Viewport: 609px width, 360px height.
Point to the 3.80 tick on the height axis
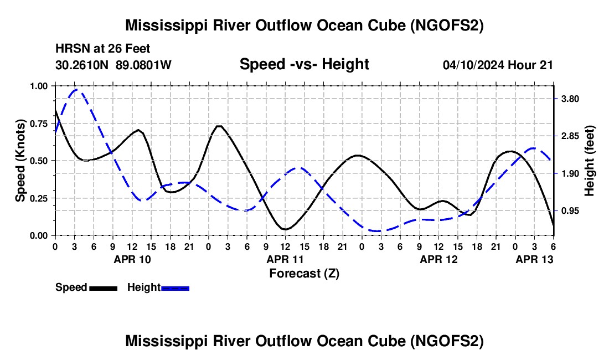(x=568, y=99)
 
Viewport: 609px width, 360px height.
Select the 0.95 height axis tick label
(x=568, y=211)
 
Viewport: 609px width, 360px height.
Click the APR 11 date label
(x=285, y=259)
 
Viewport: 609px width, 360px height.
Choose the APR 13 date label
(x=534, y=259)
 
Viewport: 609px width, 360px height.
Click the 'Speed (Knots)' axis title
(x=20, y=161)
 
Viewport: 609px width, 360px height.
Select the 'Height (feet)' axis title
(x=590, y=161)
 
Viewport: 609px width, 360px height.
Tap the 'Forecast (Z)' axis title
(x=304, y=273)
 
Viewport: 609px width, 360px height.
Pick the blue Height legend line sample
(x=176, y=287)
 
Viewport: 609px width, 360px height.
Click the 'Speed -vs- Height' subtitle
(x=304, y=64)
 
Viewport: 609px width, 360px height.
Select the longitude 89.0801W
(x=143, y=65)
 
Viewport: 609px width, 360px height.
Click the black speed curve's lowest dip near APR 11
(x=285, y=229)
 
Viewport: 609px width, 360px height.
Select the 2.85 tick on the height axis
(x=568, y=136)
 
